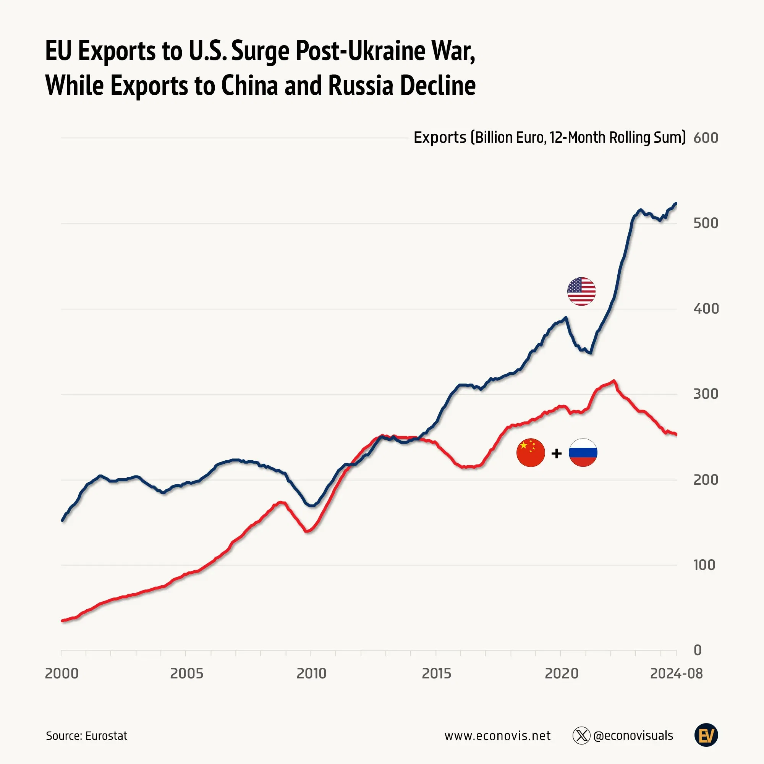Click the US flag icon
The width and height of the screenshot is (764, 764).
click(x=581, y=291)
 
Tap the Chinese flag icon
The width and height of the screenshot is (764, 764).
click(x=530, y=453)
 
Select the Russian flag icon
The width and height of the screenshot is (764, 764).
click(x=583, y=453)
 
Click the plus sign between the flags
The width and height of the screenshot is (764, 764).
click(x=557, y=453)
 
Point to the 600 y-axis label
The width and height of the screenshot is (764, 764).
click(x=706, y=138)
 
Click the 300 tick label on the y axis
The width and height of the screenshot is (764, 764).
click(x=706, y=394)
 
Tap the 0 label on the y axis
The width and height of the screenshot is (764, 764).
click(x=698, y=650)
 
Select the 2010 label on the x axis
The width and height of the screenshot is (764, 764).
click(x=311, y=673)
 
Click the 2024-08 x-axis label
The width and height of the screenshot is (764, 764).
click(x=676, y=673)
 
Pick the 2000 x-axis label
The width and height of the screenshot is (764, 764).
click(x=62, y=673)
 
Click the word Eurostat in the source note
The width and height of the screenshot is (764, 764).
click(x=106, y=736)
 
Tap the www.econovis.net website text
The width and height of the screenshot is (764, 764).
click(x=497, y=736)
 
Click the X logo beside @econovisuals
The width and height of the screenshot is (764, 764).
click(x=581, y=736)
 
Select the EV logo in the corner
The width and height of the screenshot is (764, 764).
click(x=706, y=735)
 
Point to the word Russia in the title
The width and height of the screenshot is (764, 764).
click(x=361, y=86)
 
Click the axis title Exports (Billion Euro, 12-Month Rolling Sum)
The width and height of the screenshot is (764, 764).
click(x=549, y=138)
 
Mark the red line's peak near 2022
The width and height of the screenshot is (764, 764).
click(x=614, y=380)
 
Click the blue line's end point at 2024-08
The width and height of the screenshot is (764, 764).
click(x=676, y=203)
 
